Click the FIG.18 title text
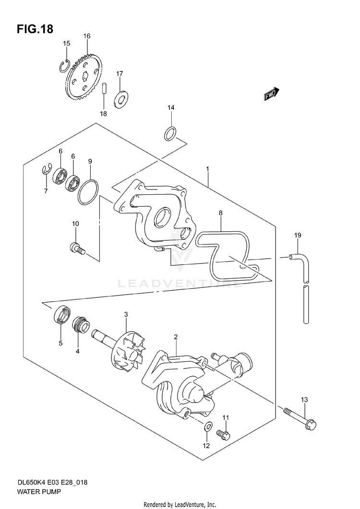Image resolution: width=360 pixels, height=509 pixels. (x=35, y=29)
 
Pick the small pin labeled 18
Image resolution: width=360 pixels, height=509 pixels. (x=103, y=90)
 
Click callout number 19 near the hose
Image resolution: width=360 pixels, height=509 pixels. (x=298, y=235)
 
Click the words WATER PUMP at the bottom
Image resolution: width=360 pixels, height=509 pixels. (x=36, y=492)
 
